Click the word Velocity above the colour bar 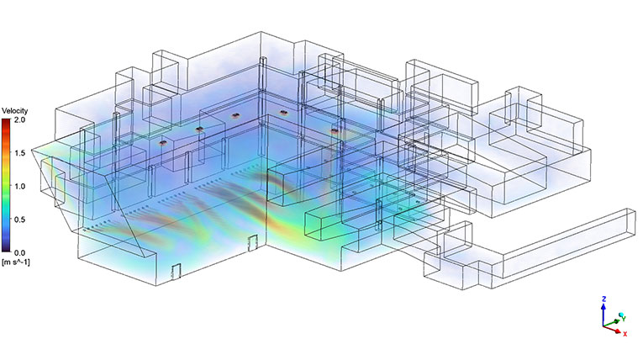(15, 111)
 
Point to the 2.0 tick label (20, 120)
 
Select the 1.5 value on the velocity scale (20, 153)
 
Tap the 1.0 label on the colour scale (20, 187)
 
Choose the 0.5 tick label (20, 220)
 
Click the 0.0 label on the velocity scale (20, 253)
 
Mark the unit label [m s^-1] (16, 262)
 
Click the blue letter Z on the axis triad (603, 299)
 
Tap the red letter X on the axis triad (625, 334)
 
